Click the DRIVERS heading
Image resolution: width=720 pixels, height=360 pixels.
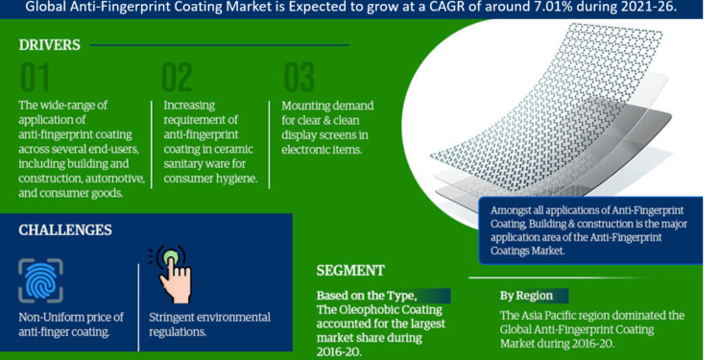point(49,45)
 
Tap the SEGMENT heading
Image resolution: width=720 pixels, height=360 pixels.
point(350,271)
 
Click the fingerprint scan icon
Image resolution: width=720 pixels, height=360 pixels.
point(40,280)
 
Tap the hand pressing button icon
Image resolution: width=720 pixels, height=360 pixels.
point(172,274)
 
